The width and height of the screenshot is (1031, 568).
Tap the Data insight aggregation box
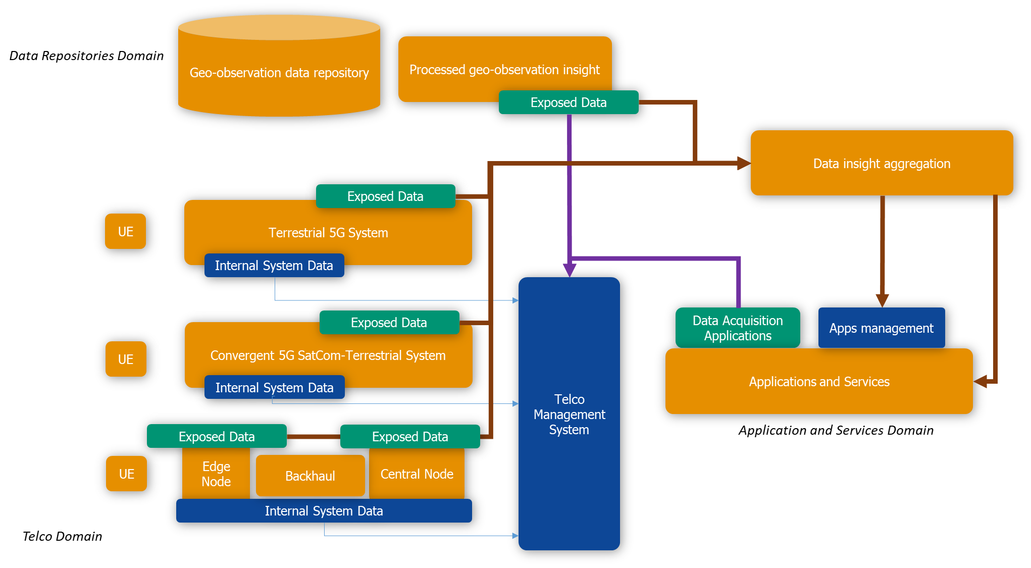[882, 163]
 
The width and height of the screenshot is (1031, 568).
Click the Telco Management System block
[569, 414]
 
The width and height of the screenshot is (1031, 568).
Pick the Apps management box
[881, 328]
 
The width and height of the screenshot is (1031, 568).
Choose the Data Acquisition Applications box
[738, 328]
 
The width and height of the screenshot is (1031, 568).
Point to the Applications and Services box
[819, 382]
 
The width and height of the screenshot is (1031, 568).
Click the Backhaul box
[310, 476]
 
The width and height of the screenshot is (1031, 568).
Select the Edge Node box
[216, 474]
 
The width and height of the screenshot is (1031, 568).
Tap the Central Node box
[417, 474]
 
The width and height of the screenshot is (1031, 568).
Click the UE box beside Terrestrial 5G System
[125, 231]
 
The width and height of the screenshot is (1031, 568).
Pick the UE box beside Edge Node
[126, 474]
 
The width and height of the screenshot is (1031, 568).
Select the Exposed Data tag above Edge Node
[217, 436]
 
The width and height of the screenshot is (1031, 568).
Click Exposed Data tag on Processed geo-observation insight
[569, 102]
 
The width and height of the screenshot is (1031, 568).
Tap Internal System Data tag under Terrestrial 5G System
[274, 266]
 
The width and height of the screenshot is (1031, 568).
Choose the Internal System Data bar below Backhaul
[324, 511]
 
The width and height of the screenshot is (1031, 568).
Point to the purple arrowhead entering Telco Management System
[570, 270]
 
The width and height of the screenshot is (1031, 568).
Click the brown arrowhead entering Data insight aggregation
[744, 163]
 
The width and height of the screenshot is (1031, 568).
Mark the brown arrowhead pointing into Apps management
[882, 300]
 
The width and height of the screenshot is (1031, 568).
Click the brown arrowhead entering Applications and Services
[981, 382]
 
